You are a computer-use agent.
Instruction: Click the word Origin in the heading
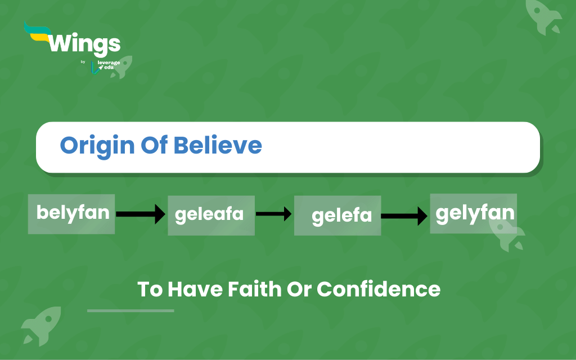click(97, 146)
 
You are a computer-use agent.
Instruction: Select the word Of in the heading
click(154, 145)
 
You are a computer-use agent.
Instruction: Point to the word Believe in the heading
click(218, 145)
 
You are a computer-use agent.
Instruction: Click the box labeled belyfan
click(71, 214)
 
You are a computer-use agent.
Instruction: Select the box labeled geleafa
click(211, 215)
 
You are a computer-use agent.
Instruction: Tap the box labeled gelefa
click(337, 215)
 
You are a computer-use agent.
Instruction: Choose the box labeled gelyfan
click(474, 213)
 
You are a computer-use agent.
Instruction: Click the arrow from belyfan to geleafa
click(141, 214)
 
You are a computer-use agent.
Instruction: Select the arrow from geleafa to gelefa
click(274, 214)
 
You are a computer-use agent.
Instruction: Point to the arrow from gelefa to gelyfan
click(404, 216)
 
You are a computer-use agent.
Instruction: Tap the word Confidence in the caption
click(379, 289)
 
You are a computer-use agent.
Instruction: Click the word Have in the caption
click(195, 289)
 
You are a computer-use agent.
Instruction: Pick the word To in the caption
click(150, 289)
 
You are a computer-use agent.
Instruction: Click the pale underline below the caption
click(130, 310)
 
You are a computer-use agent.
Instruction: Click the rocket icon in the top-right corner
click(543, 16)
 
